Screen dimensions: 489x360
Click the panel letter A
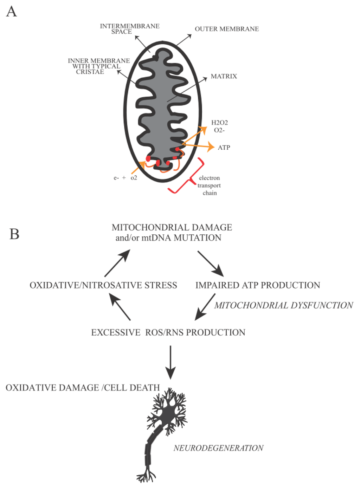[12, 12]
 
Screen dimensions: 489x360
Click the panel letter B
[14, 234]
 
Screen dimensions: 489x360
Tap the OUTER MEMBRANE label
[227, 29]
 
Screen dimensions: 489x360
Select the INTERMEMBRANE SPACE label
[129, 29]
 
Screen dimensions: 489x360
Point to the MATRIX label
[224, 76]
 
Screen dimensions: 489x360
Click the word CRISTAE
[90, 72]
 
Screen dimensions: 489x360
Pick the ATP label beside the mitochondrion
[224, 148]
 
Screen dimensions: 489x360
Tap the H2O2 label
[219, 123]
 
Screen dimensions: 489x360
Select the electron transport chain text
[209, 185]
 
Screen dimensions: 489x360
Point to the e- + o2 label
[125, 178]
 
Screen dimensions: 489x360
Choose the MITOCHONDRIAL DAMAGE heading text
[172, 228]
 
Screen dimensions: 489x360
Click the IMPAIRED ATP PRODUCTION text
[258, 285]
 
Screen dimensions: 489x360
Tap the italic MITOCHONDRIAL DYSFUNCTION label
[284, 305]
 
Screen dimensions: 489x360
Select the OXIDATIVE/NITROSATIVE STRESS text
[103, 285]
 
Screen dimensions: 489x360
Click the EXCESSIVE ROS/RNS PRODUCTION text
[168, 332]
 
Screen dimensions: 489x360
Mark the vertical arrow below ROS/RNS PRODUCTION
[171, 362]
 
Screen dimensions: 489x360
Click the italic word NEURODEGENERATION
[218, 448]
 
